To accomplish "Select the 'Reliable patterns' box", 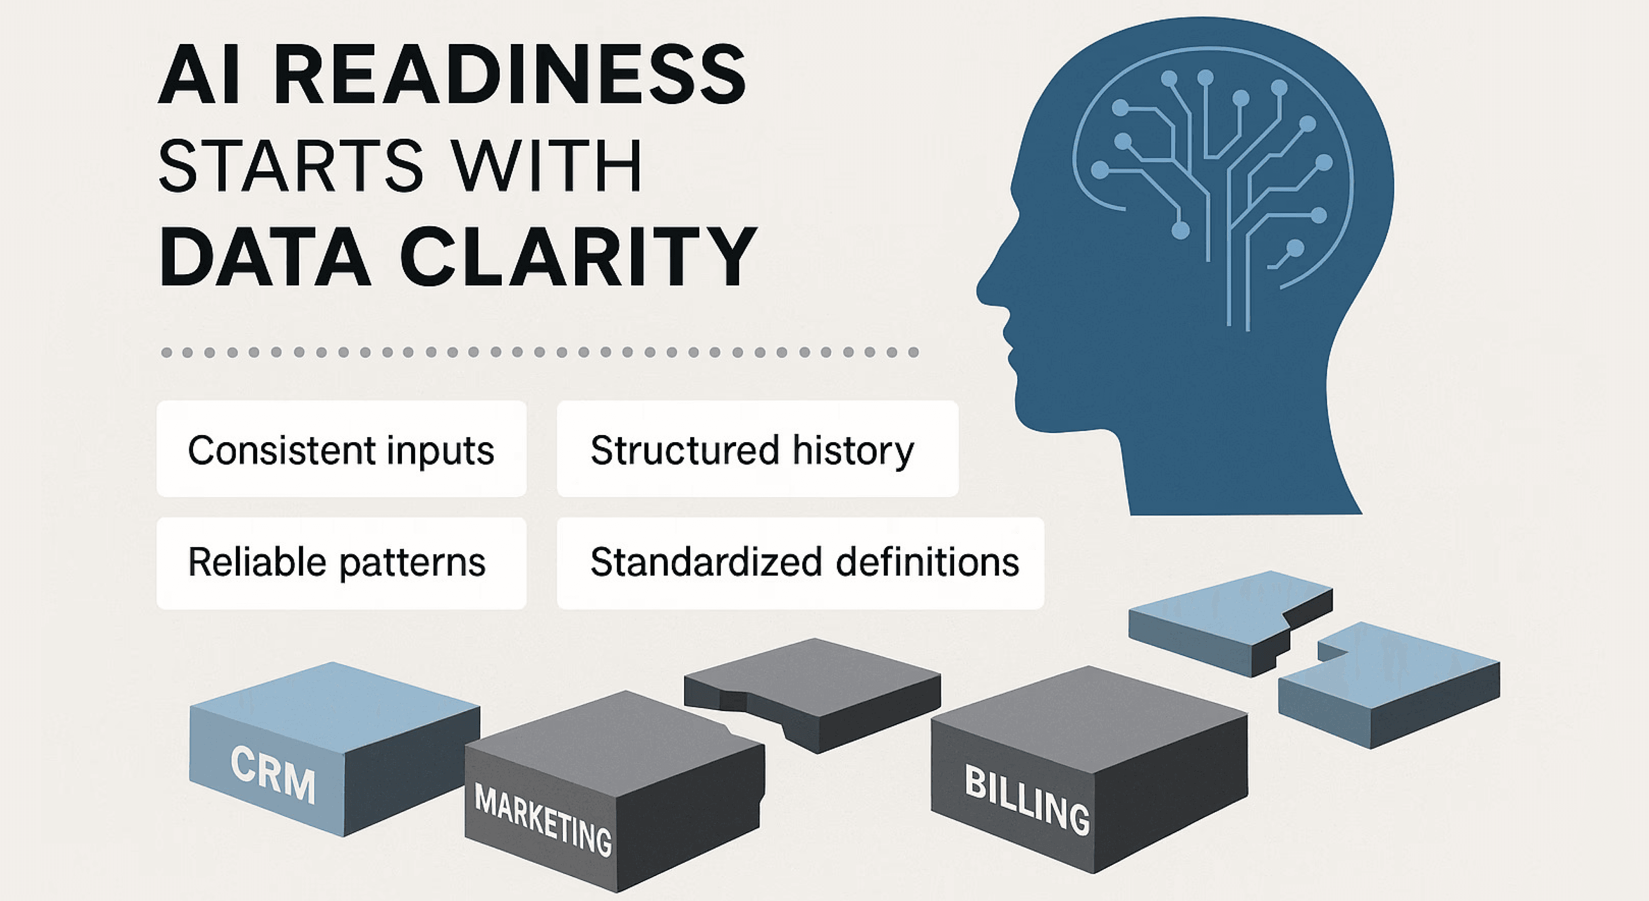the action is coord(341,563).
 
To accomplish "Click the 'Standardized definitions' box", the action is coord(800,563).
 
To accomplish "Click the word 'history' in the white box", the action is coord(853,449).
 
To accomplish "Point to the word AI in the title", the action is coord(199,76).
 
